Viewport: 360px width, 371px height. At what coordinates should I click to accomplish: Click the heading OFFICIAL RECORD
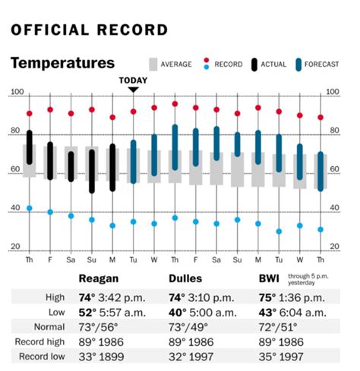pyautogui.click(x=89, y=30)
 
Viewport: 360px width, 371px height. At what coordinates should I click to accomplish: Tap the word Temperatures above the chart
pyautogui.click(x=62, y=63)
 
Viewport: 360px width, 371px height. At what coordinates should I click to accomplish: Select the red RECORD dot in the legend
pyautogui.click(x=207, y=64)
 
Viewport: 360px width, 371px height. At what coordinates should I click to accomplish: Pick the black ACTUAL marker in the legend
pyautogui.click(x=254, y=64)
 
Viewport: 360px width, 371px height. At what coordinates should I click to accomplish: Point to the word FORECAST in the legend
pyautogui.click(x=324, y=64)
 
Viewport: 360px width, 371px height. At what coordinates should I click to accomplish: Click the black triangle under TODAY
pyautogui.click(x=133, y=89)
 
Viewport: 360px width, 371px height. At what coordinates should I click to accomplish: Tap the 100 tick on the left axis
pyautogui.click(x=16, y=93)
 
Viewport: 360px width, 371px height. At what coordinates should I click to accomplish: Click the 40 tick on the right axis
pyautogui.click(x=334, y=209)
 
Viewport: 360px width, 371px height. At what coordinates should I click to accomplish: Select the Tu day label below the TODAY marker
pyautogui.click(x=133, y=258)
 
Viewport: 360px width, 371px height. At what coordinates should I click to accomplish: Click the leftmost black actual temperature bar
pyautogui.click(x=30, y=147)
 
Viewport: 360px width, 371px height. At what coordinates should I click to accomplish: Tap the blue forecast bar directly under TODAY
pyautogui.click(x=133, y=161)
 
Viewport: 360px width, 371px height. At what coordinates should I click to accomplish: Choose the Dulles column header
pyautogui.click(x=186, y=278)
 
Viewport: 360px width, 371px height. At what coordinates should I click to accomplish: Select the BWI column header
pyautogui.click(x=270, y=278)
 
